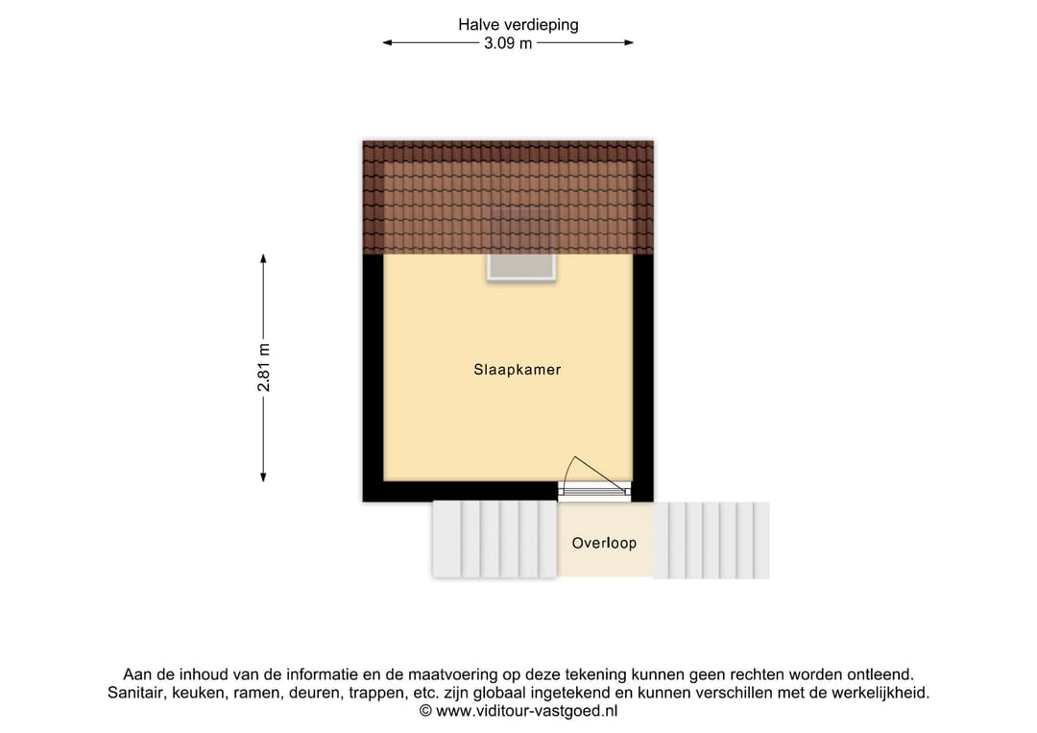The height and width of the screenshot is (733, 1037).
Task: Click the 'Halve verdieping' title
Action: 518,25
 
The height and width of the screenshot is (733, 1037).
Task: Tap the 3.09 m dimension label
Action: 508,43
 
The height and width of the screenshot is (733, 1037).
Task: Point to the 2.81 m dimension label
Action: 264,368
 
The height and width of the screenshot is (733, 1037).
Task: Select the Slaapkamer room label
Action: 518,370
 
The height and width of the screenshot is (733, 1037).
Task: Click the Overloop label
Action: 604,543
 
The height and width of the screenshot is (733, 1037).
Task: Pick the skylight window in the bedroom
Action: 521,267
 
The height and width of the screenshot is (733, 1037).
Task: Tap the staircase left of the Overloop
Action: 494,539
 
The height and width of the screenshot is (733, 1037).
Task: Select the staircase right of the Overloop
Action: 711,541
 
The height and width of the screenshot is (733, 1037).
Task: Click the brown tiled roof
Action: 508,197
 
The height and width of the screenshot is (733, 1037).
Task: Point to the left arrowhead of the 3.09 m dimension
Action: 388,43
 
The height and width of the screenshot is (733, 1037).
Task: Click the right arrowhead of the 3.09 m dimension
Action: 629,43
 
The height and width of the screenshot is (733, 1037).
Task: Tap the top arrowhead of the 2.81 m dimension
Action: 263,258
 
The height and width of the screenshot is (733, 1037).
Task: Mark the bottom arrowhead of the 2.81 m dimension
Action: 263,477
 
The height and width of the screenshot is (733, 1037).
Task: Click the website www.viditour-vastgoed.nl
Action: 526,711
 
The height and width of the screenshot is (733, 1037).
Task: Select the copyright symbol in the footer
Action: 426,711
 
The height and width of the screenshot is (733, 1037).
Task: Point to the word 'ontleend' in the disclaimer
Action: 880,674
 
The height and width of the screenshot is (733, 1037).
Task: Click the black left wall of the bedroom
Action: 373,378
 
